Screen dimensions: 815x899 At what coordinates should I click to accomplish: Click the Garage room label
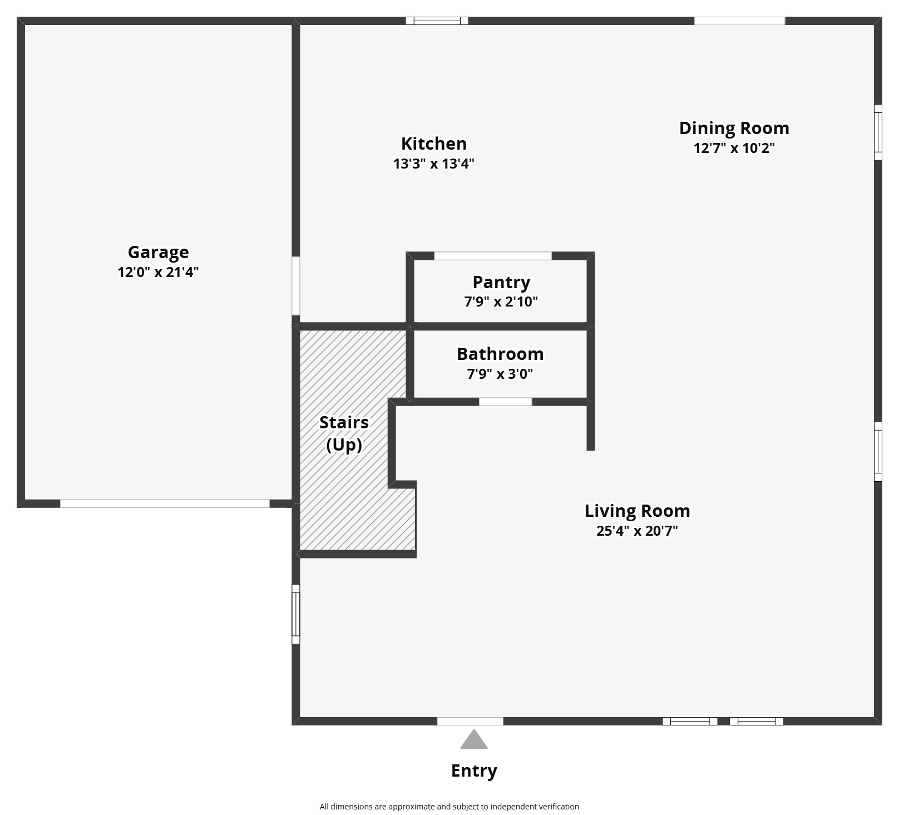click(x=158, y=252)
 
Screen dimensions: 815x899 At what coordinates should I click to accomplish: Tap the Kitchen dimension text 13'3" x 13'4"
click(x=433, y=164)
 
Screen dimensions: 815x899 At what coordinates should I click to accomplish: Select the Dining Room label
click(x=734, y=128)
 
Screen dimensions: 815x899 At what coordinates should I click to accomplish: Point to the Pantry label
click(x=501, y=282)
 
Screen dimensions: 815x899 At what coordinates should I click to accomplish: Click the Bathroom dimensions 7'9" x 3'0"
click(x=500, y=374)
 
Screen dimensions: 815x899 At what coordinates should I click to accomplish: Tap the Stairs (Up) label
click(x=344, y=433)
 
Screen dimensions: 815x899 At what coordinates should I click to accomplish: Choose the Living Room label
click(x=637, y=511)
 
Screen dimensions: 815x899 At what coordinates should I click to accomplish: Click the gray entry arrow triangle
click(x=473, y=740)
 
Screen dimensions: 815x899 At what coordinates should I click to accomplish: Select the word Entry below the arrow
click(x=474, y=770)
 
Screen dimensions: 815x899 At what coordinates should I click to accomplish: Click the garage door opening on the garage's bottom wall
click(x=165, y=503)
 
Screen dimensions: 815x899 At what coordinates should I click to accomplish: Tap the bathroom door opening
click(x=505, y=402)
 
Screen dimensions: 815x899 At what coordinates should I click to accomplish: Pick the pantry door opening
click(x=492, y=256)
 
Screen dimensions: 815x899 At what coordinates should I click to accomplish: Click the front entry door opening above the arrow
click(x=470, y=722)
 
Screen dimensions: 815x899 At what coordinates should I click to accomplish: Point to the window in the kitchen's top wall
click(x=437, y=21)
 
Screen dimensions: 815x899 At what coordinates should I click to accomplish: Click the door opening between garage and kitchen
click(x=296, y=286)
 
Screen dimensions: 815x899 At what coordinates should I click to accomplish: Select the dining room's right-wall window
click(x=878, y=132)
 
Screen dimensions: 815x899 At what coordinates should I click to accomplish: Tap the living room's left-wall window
click(x=296, y=614)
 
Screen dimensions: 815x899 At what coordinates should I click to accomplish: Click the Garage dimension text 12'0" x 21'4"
click(x=158, y=272)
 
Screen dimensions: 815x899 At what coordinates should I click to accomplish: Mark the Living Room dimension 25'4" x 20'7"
click(x=637, y=531)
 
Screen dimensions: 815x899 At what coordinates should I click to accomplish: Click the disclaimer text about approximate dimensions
click(x=449, y=807)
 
